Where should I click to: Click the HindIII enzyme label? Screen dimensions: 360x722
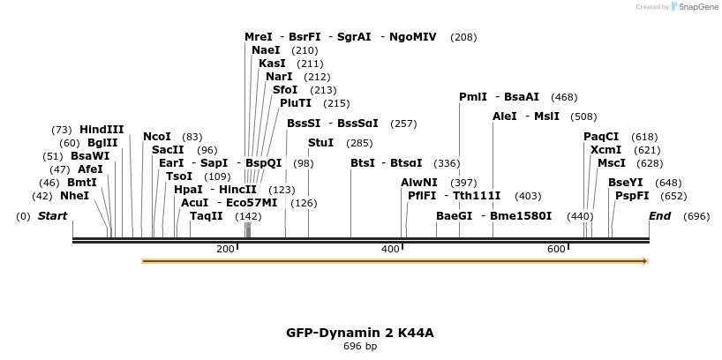click(102, 130)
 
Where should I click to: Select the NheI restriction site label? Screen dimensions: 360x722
click(74, 196)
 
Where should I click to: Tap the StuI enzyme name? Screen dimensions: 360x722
click(320, 143)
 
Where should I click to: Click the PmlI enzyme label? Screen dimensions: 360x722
click(472, 97)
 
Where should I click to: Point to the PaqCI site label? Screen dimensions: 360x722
click(601, 137)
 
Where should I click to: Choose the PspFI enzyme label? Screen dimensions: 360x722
click(632, 196)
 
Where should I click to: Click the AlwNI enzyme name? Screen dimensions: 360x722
click(419, 183)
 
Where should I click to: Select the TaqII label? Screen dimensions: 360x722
click(207, 216)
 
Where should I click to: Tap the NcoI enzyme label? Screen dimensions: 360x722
click(157, 137)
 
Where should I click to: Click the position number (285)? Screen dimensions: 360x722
click(359, 143)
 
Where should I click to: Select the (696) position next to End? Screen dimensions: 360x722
click(696, 216)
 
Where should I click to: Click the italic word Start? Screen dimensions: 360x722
click(52, 216)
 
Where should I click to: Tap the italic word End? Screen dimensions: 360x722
click(659, 216)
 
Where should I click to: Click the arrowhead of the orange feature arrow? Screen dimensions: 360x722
click(645, 261)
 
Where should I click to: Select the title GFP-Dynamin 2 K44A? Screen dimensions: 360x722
click(360, 333)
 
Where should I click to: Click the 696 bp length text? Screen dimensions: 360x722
click(360, 347)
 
